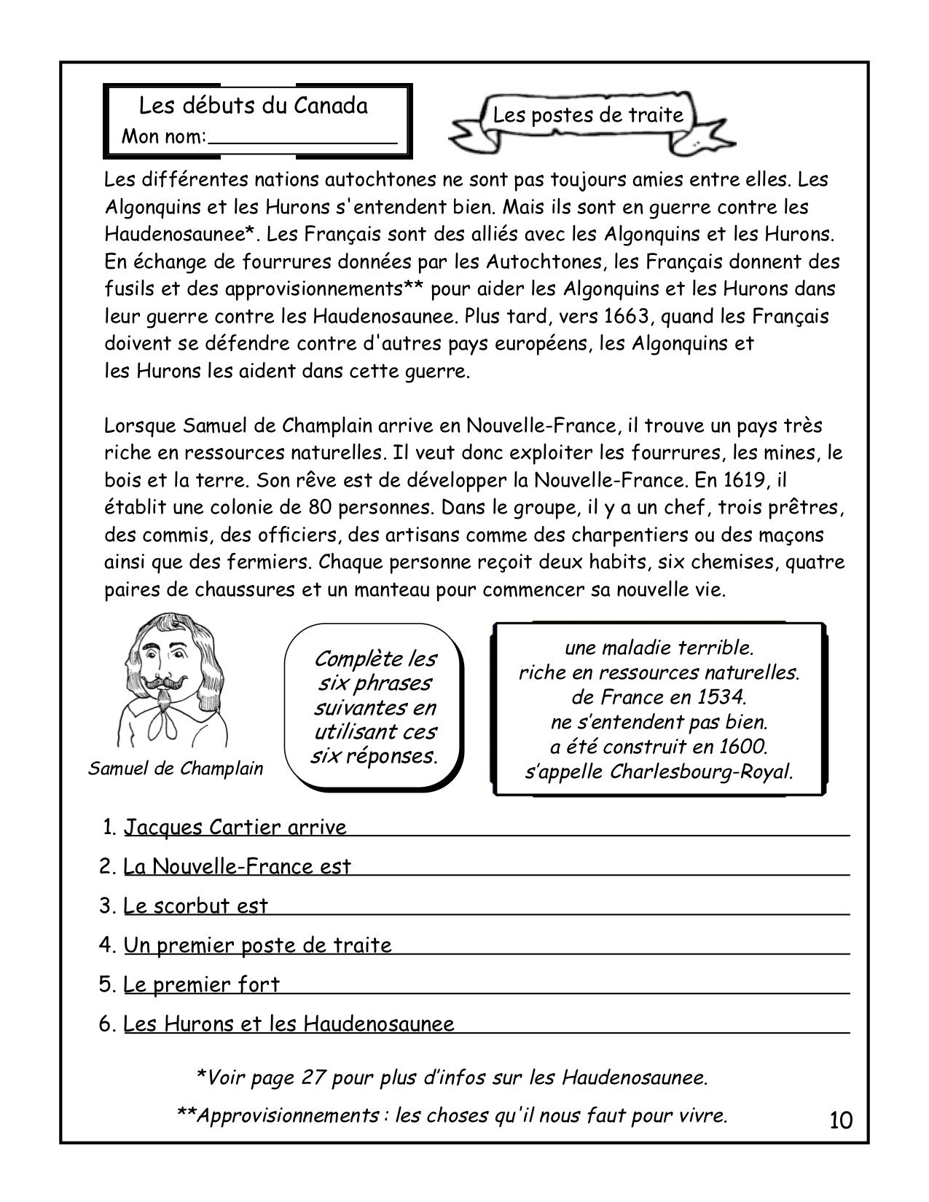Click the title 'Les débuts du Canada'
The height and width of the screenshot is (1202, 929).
coord(254,106)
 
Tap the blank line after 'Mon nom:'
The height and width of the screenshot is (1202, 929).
coord(302,138)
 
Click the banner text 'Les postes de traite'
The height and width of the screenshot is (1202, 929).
coord(588,115)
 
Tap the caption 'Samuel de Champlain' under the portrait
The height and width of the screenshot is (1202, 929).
coord(176,769)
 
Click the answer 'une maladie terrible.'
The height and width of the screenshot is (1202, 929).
coord(659,647)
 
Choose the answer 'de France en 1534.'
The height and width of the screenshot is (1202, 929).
coord(659,697)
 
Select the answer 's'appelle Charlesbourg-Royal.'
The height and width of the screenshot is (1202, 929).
coord(659,771)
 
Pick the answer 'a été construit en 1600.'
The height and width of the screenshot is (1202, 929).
coord(659,747)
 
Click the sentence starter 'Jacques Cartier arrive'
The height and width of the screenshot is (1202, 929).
coord(235,828)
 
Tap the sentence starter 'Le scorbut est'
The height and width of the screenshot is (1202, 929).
coord(196,906)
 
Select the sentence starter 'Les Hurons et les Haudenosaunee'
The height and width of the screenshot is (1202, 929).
coord(289,1024)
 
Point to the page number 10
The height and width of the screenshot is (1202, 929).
coord(840,1120)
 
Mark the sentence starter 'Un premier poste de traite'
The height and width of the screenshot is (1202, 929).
coord(258,946)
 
